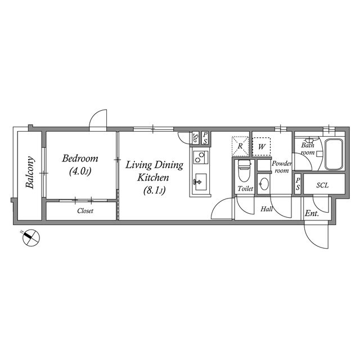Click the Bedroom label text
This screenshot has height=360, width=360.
click(80, 158)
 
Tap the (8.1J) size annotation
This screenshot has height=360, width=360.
click(154, 190)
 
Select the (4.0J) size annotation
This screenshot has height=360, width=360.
click(80, 171)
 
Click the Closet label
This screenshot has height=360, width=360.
click(85, 211)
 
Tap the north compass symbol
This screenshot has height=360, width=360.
click(30, 238)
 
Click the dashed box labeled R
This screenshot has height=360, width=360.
click(240, 146)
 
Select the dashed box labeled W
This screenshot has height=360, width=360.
click(261, 146)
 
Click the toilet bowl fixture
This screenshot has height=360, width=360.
click(244, 169)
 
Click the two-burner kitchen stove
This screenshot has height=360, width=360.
click(200, 156)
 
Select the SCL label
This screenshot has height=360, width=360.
click(322, 184)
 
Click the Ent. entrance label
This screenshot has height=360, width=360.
click(311, 213)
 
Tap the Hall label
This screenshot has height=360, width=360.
click(267, 209)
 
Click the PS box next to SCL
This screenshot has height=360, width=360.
click(298, 184)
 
